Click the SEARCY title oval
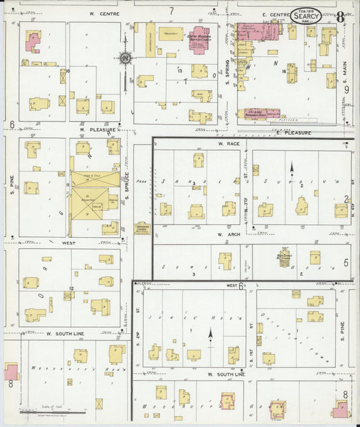pos(306,16)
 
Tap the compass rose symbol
pos(125,59)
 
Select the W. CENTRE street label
pos(104,14)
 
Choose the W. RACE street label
pos(225,144)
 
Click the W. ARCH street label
pos(225,234)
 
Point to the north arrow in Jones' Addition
pos(209,333)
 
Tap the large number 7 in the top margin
pos(172,10)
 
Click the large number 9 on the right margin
pos(346,89)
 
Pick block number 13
pos(180,70)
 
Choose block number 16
pos(286,70)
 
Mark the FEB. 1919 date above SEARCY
pos(306,9)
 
